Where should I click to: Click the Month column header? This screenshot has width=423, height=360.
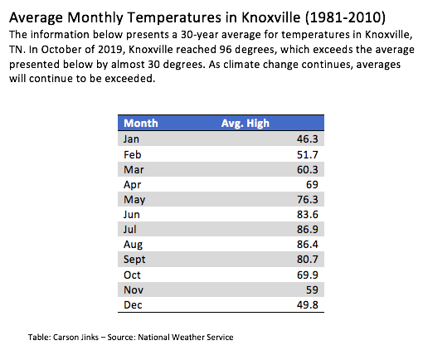click(141, 123)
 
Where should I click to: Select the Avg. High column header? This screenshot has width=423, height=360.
click(246, 124)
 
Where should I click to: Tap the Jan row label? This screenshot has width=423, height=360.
click(131, 139)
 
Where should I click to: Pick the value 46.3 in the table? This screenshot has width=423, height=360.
click(308, 139)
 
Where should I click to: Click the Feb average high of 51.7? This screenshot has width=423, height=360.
click(308, 154)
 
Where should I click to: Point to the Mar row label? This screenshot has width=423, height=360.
click(134, 169)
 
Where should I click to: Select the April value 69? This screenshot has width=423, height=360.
click(312, 184)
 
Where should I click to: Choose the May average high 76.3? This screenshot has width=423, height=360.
click(308, 199)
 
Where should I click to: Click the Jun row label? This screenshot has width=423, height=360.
click(132, 214)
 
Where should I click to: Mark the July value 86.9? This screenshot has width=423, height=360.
click(308, 229)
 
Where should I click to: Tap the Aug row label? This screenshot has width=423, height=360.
click(133, 245)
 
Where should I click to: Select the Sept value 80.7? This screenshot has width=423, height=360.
click(308, 259)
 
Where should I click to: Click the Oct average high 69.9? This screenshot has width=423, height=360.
click(308, 275)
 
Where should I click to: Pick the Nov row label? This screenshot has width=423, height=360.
click(134, 289)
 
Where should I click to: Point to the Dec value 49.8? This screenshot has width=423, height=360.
click(308, 304)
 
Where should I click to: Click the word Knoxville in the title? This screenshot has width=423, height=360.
click(271, 17)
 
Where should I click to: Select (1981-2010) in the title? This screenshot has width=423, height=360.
click(345, 17)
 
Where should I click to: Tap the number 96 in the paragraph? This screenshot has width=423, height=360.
click(226, 50)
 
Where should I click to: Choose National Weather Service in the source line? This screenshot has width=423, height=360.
click(186, 338)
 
